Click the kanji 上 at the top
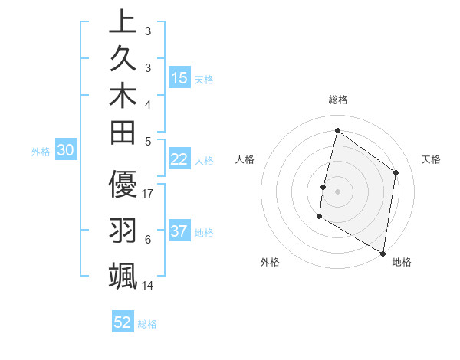coord(123,23)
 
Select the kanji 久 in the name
coord(123,60)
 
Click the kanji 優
coord(123,186)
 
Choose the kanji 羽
coord(123,231)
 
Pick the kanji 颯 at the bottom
coord(123,275)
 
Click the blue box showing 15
coord(179,78)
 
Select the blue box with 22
coord(179,159)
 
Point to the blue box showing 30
coord(66,151)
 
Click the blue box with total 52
coord(123,322)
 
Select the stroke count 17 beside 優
coord(149,194)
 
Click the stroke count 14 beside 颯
coord(149,286)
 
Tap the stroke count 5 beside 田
coord(148,141)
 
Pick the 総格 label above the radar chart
coord(337,100)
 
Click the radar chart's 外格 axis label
coord(270,262)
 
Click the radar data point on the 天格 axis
coord(396,172)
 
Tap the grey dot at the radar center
coord(337,191)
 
